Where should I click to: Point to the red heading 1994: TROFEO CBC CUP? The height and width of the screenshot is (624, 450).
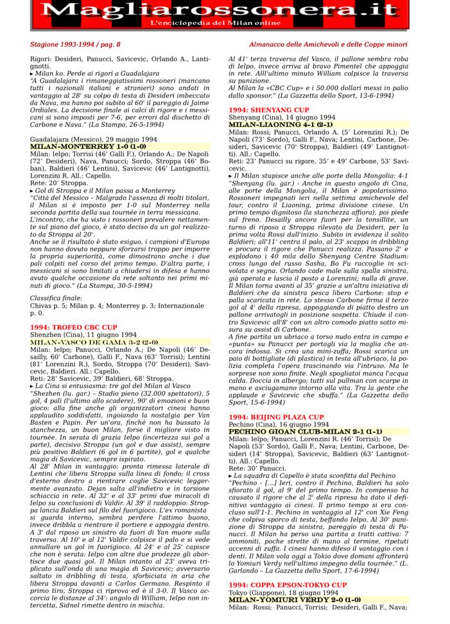[74, 327]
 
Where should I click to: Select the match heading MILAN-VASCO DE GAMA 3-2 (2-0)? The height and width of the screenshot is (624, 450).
[94, 342]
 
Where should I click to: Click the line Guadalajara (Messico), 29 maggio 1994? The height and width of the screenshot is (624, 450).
[93, 139]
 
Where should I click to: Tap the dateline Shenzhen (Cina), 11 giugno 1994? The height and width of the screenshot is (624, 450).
[83, 334]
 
